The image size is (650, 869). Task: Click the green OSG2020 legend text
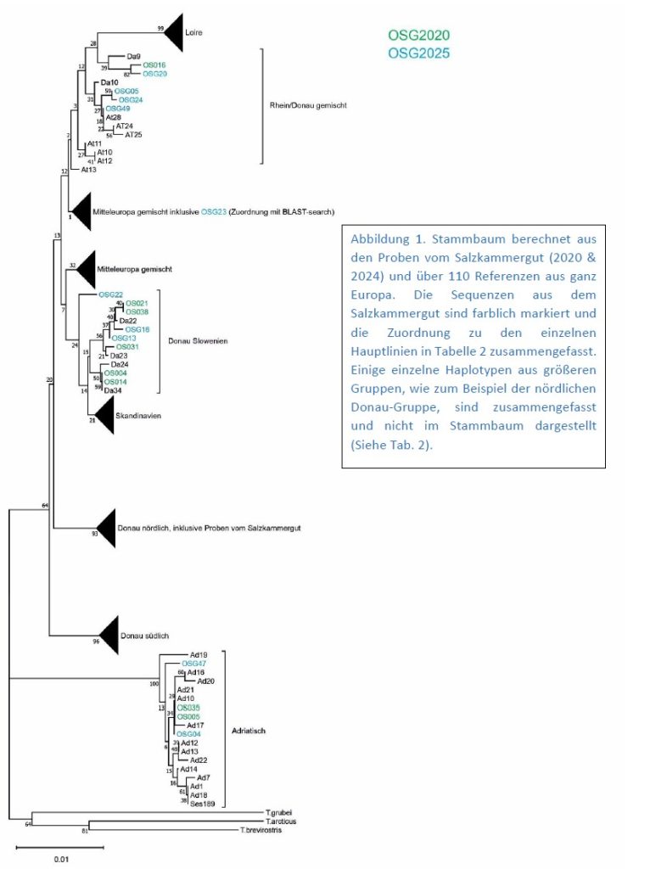[x=418, y=35]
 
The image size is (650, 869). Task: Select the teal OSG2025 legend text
[x=418, y=53]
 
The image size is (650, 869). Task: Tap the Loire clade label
[x=195, y=33]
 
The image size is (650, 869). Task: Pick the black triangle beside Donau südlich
[x=109, y=635]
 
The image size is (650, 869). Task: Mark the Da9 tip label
[x=133, y=56]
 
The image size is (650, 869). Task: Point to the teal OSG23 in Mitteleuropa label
[x=213, y=210]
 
